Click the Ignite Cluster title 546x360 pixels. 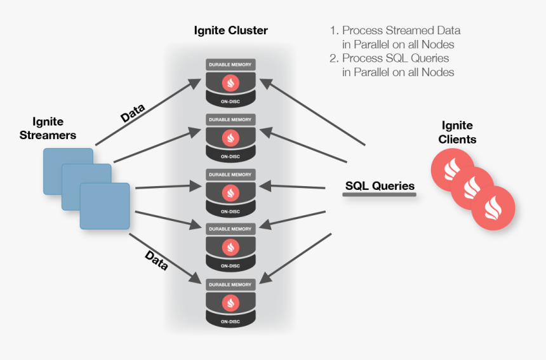(231, 30)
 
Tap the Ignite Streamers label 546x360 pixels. (48, 128)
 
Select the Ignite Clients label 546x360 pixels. (457, 132)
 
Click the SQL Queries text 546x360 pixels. (380, 186)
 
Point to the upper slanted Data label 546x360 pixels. (133, 113)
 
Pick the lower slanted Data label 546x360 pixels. (156, 260)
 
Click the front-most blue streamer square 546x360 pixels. (105, 206)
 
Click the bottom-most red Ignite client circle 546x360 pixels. (493, 208)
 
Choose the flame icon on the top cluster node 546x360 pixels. (230, 83)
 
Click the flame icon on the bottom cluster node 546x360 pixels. (230, 303)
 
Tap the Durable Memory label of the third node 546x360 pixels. (230, 175)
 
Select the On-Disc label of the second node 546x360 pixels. (230, 156)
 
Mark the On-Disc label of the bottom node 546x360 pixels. (230, 322)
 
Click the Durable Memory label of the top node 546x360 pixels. (230, 65)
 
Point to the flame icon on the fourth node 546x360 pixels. (230, 247)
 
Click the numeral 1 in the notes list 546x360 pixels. (332, 30)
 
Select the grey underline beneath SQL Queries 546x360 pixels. (379, 195)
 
